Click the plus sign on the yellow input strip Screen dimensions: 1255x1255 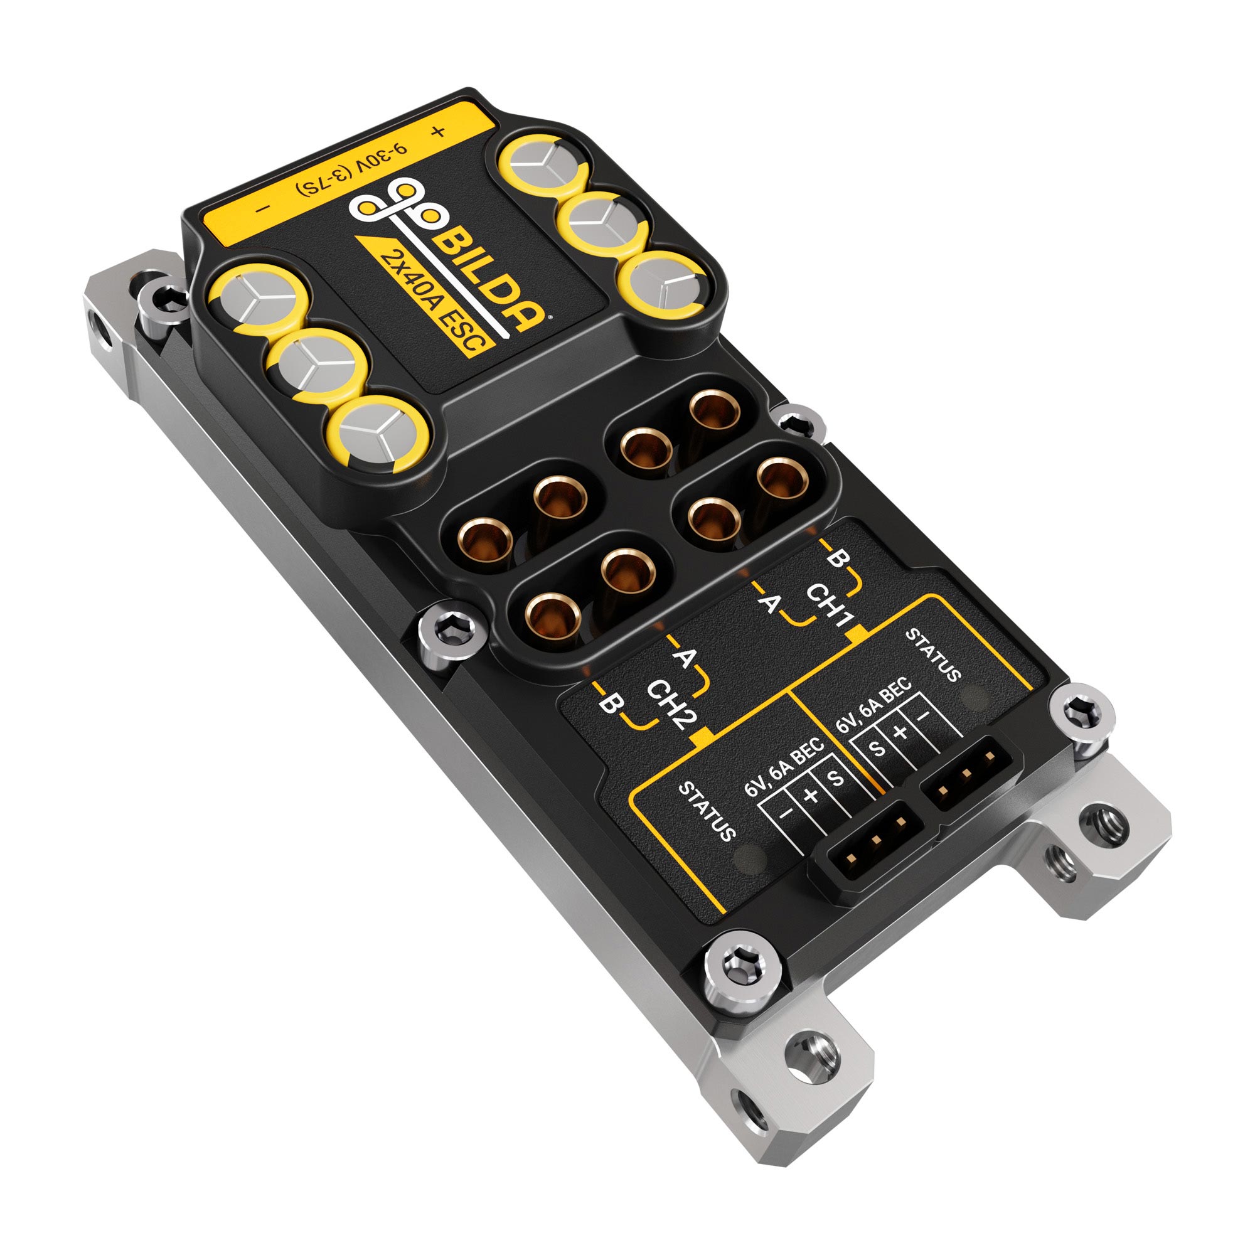tap(439, 132)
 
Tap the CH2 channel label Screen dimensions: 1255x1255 tap(671, 705)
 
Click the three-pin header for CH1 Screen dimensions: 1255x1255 tap(966, 772)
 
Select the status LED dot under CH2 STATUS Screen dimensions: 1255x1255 tap(749, 860)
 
